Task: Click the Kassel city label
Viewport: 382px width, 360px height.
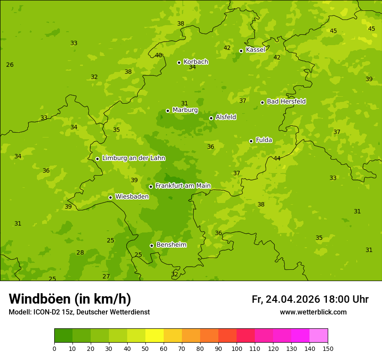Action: click(x=255, y=50)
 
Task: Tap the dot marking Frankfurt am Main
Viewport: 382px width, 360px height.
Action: click(x=151, y=187)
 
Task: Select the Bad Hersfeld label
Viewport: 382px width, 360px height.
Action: click(x=286, y=101)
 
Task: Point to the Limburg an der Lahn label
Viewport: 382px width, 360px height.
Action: click(x=134, y=158)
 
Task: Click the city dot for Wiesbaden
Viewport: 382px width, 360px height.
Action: click(x=111, y=197)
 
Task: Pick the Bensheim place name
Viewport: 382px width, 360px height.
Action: click(x=171, y=245)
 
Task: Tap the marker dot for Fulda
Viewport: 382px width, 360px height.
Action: click(x=251, y=141)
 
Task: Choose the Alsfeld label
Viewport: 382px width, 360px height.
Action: click(x=226, y=117)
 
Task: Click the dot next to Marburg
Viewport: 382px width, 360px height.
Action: click(x=168, y=111)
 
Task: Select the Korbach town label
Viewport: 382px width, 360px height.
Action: click(x=196, y=62)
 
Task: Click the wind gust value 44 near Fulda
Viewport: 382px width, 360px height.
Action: click(x=277, y=158)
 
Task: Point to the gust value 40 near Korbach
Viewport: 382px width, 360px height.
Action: click(x=158, y=55)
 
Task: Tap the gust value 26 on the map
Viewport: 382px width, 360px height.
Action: click(x=10, y=65)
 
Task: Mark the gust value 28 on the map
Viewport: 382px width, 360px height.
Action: click(x=80, y=252)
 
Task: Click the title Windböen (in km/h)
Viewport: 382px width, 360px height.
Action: click(x=70, y=299)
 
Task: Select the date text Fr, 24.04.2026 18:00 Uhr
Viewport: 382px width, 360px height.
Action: click(x=310, y=299)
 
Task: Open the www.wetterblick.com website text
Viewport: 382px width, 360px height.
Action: click(x=313, y=312)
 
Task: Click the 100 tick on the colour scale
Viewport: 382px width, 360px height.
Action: click(x=237, y=348)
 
